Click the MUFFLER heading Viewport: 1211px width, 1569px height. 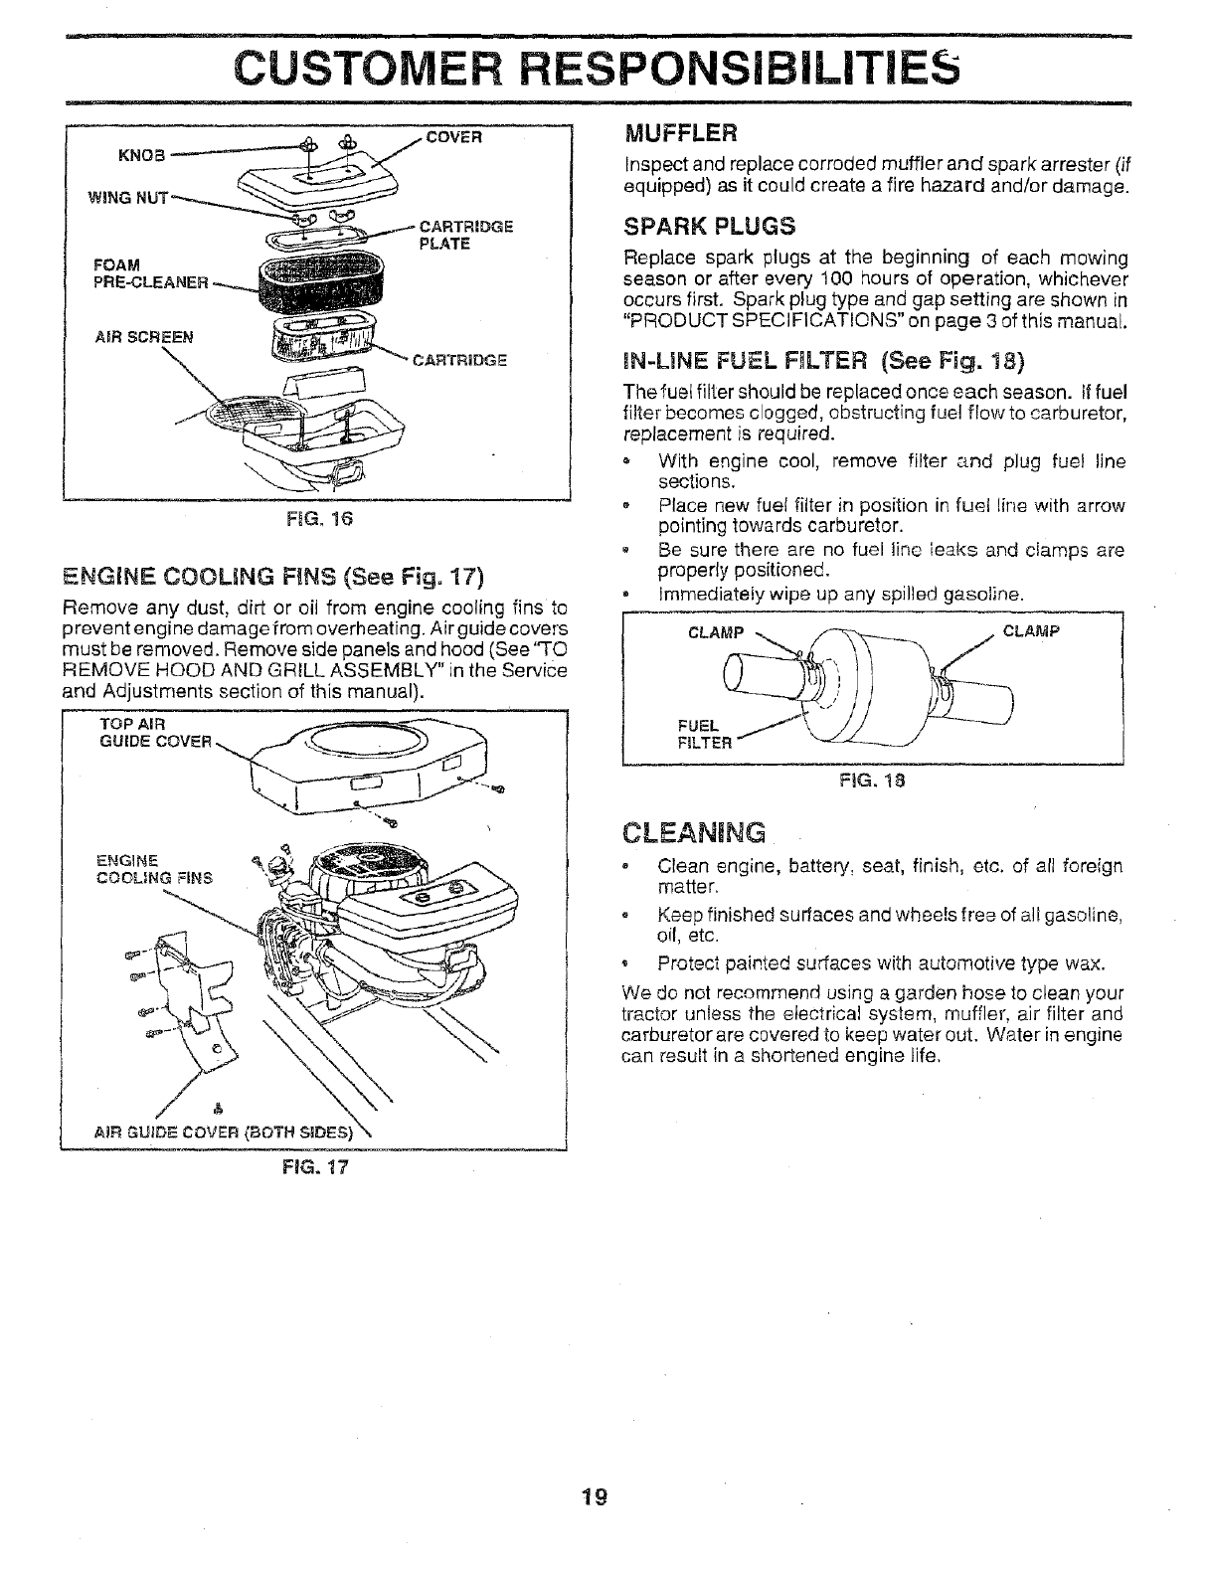click(680, 132)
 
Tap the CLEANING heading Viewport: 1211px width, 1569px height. click(694, 831)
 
